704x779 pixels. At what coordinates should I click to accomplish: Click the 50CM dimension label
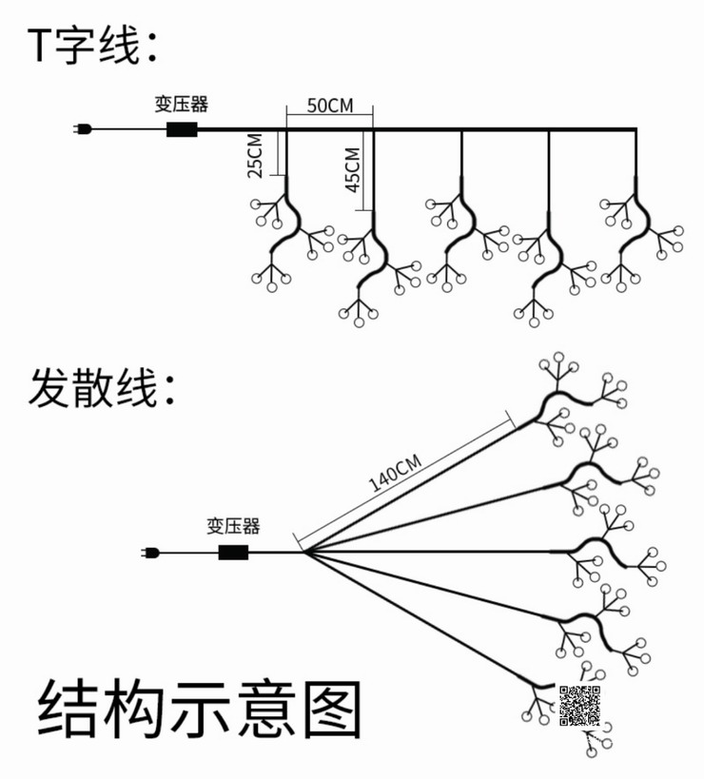pos(330,106)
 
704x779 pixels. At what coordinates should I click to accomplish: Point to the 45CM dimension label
pos(352,170)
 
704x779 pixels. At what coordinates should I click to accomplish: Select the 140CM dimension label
pos(395,473)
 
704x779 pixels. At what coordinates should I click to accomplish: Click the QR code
pos(579,706)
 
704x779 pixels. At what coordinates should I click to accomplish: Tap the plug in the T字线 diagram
pos(82,129)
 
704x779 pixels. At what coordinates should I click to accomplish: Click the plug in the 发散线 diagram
pos(149,553)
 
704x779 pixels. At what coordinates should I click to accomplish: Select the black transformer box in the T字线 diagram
pos(182,129)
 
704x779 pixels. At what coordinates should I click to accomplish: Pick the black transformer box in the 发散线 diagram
pos(233,553)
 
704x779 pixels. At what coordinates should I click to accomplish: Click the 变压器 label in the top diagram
pos(182,104)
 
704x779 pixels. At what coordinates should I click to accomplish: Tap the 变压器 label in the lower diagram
pos(233,526)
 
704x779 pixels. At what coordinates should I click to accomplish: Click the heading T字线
pos(92,46)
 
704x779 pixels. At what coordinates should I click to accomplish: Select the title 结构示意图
pos(200,709)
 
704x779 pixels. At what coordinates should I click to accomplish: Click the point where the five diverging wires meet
pos(304,552)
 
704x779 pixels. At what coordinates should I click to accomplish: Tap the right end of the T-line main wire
pos(636,129)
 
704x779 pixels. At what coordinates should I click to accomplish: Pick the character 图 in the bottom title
pos(332,709)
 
